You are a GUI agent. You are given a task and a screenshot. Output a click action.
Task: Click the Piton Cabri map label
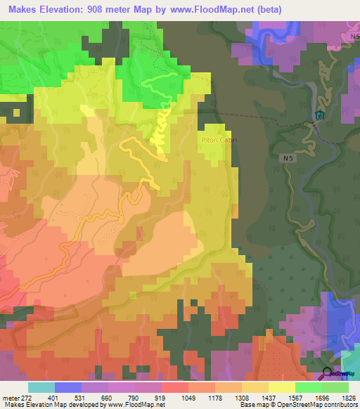click(x=220, y=140)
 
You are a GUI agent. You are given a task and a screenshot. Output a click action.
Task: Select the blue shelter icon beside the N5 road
click(x=320, y=115)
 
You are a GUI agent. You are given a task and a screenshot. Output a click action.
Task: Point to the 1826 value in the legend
click(x=348, y=397)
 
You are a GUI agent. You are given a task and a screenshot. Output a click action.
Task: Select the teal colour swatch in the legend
click(x=41, y=387)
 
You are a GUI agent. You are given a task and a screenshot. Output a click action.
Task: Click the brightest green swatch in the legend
click(x=308, y=387)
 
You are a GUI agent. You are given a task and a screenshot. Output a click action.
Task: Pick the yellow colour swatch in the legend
click(x=281, y=387)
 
